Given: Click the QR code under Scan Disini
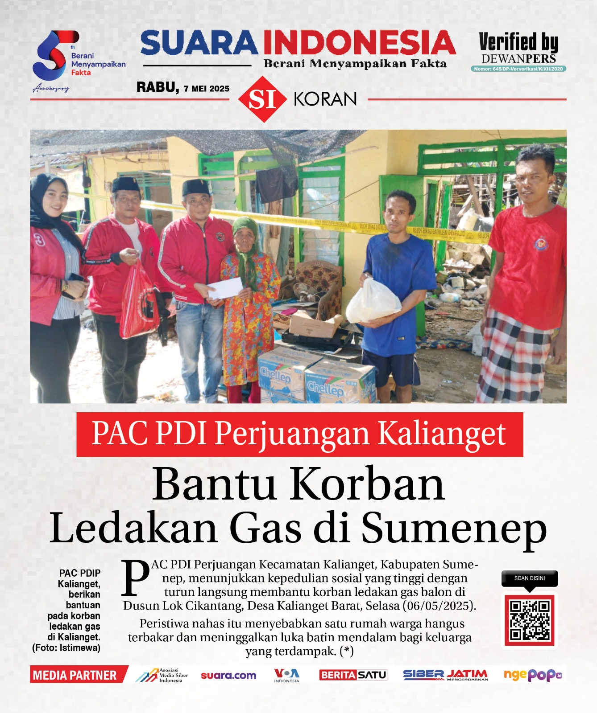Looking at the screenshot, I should [x=530, y=620].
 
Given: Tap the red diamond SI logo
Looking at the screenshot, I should [x=262, y=99].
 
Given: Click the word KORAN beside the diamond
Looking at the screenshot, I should [x=325, y=99].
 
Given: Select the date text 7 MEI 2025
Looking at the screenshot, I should [x=207, y=89].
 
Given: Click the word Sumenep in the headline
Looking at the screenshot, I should [x=454, y=528].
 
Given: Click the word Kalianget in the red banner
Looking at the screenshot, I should [x=442, y=434].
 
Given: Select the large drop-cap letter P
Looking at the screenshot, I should [x=136, y=578].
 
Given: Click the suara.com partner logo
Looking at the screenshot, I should [x=228, y=675].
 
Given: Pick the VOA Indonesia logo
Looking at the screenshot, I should [x=286, y=675].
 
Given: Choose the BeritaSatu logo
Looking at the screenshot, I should [x=353, y=675].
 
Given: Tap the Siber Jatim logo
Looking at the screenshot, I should [x=445, y=675].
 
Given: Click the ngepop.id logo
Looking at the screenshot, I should [x=532, y=675].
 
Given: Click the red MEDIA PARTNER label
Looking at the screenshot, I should [x=75, y=675].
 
